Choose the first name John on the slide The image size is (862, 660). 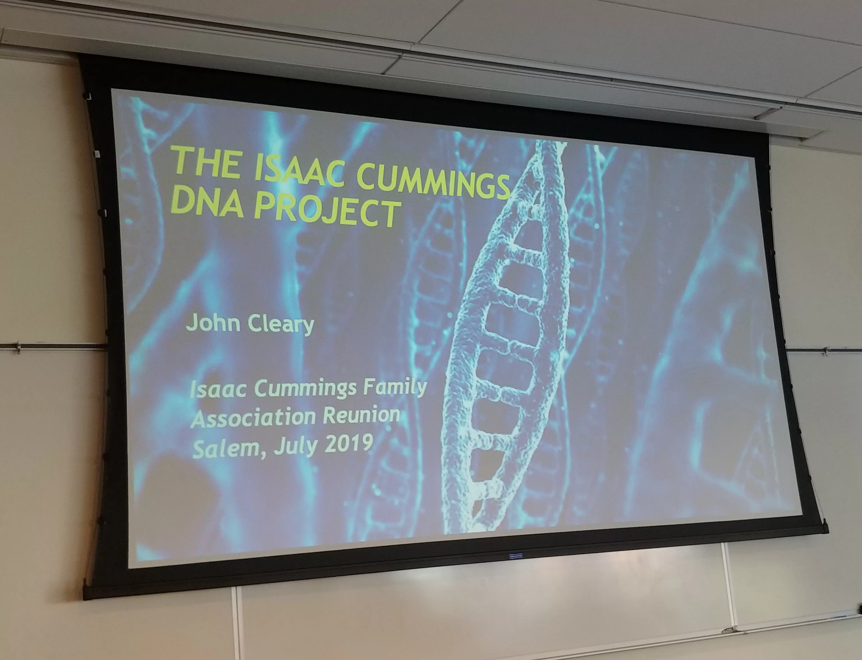213,322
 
